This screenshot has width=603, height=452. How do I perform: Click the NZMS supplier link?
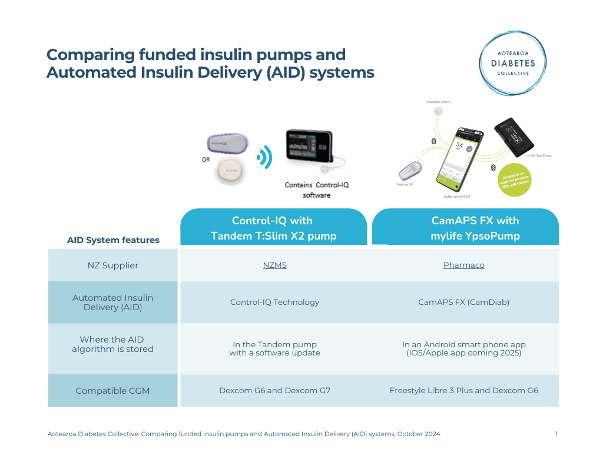coord(274,265)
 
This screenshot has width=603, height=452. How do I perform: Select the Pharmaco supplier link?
coord(463,265)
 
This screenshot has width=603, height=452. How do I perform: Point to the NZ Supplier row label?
coord(112,265)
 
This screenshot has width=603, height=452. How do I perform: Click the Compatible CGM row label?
coord(112,391)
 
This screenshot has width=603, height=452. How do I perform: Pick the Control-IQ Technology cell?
coord(274,303)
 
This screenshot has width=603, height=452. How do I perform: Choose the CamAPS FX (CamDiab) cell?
coord(463,303)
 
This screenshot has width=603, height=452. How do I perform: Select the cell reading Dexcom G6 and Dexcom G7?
coord(274,391)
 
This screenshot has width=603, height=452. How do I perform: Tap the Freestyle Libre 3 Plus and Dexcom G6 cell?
coord(463,391)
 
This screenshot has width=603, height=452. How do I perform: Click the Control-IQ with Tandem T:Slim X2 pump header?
coord(274,228)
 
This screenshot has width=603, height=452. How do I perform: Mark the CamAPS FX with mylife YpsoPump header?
coord(466,228)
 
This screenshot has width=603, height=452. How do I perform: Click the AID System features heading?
coord(113,240)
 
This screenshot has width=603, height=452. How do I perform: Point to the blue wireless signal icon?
coord(264,157)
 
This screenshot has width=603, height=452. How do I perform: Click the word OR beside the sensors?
coord(206,159)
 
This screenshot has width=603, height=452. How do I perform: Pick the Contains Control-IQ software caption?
coord(317,190)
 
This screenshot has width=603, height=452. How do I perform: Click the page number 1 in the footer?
coord(556,434)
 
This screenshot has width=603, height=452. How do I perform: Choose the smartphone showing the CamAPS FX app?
coord(461,156)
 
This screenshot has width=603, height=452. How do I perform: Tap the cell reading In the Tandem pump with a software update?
coord(274,348)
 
